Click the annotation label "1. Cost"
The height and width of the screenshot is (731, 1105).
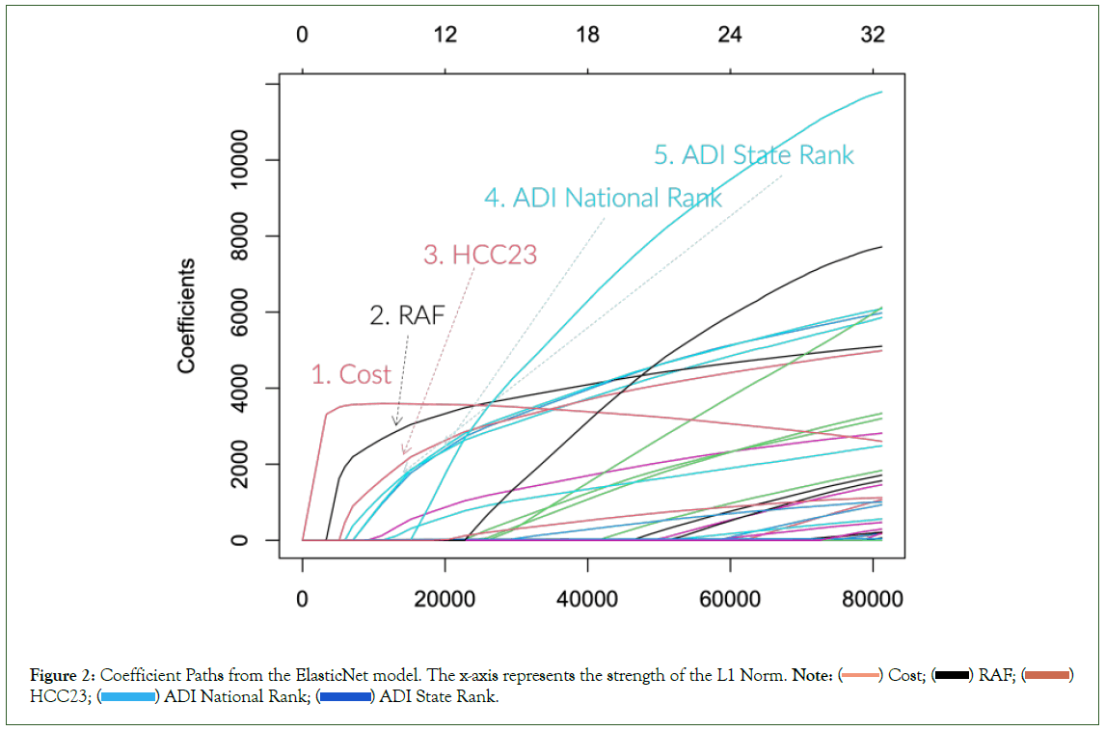pyautogui.click(x=351, y=375)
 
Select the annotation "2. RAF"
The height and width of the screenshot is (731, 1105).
pyautogui.click(x=407, y=315)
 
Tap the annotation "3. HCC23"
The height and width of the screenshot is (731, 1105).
pyautogui.click(x=480, y=256)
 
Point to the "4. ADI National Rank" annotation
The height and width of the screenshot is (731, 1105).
pyautogui.click(x=603, y=199)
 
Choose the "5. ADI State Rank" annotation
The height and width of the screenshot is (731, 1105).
pyautogui.click(x=754, y=155)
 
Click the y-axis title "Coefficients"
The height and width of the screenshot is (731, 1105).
pyautogui.click(x=187, y=315)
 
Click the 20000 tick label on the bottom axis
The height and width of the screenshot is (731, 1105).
pyautogui.click(x=445, y=600)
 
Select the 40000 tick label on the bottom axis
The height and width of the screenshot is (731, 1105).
pyautogui.click(x=587, y=600)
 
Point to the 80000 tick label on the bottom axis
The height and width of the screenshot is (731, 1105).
pyautogui.click(x=872, y=600)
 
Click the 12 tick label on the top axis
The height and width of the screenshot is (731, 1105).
pyautogui.click(x=445, y=36)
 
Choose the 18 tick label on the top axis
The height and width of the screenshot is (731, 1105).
pyautogui.click(x=587, y=36)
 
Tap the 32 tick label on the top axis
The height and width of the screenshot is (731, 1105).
pyautogui.click(x=872, y=36)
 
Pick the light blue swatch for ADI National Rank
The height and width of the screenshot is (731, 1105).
pyautogui.click(x=129, y=697)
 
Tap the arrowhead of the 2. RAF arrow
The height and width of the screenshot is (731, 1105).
pyautogui.click(x=395, y=423)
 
